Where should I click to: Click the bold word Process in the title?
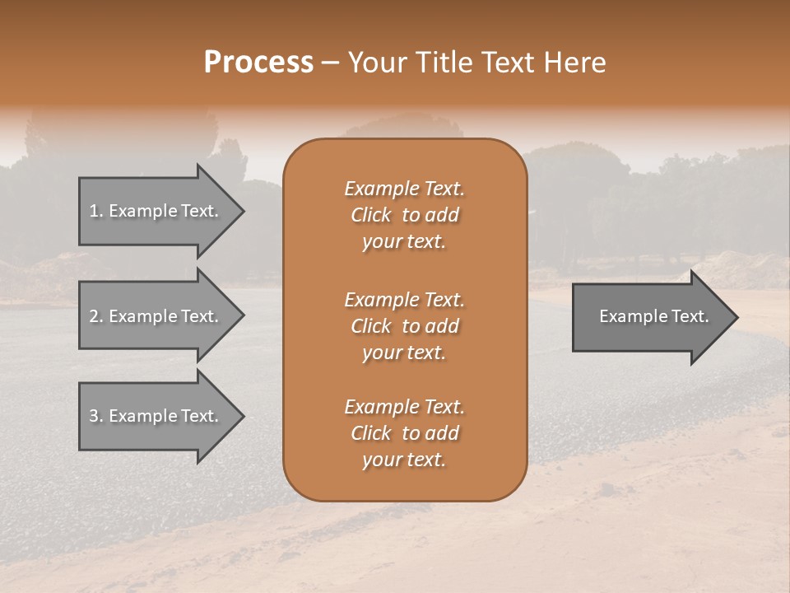[258, 63]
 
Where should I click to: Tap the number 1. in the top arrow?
[96, 211]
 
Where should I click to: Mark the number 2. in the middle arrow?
[96, 316]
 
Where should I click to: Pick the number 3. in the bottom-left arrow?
[96, 416]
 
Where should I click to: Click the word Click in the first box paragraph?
[371, 216]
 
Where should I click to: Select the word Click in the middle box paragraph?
[371, 326]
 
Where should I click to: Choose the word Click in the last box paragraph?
[371, 433]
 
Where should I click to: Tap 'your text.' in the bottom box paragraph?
[404, 460]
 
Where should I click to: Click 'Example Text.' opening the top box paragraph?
[404, 189]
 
